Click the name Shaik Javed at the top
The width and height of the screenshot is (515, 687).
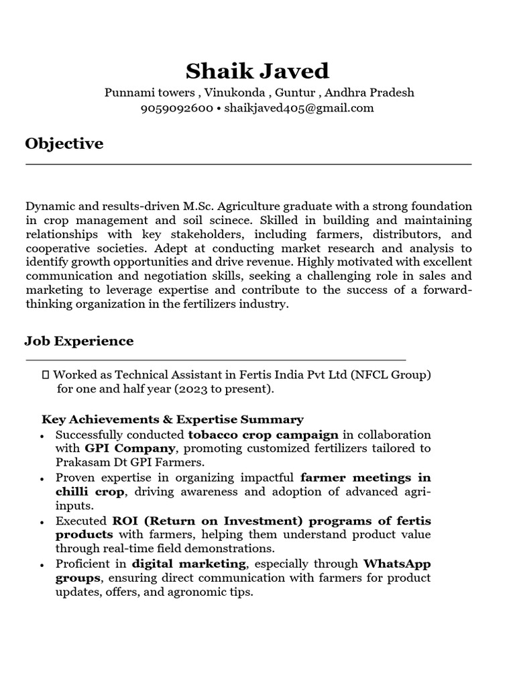point(257,70)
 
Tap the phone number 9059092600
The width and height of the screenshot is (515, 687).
point(176,108)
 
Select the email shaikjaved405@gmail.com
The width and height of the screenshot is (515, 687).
point(299,108)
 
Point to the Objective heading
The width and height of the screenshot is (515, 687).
point(64,144)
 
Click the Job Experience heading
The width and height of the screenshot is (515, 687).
point(79,341)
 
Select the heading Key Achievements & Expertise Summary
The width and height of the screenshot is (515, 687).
point(172,419)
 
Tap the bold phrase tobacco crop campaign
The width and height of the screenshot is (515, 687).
point(264,434)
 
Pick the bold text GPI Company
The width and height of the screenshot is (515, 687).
point(130,448)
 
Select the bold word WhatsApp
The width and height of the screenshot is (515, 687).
point(397,564)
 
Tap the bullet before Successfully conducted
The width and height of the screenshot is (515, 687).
point(43,436)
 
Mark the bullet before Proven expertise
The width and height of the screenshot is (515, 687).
point(43,480)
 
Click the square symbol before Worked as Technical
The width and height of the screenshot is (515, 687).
point(46,375)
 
